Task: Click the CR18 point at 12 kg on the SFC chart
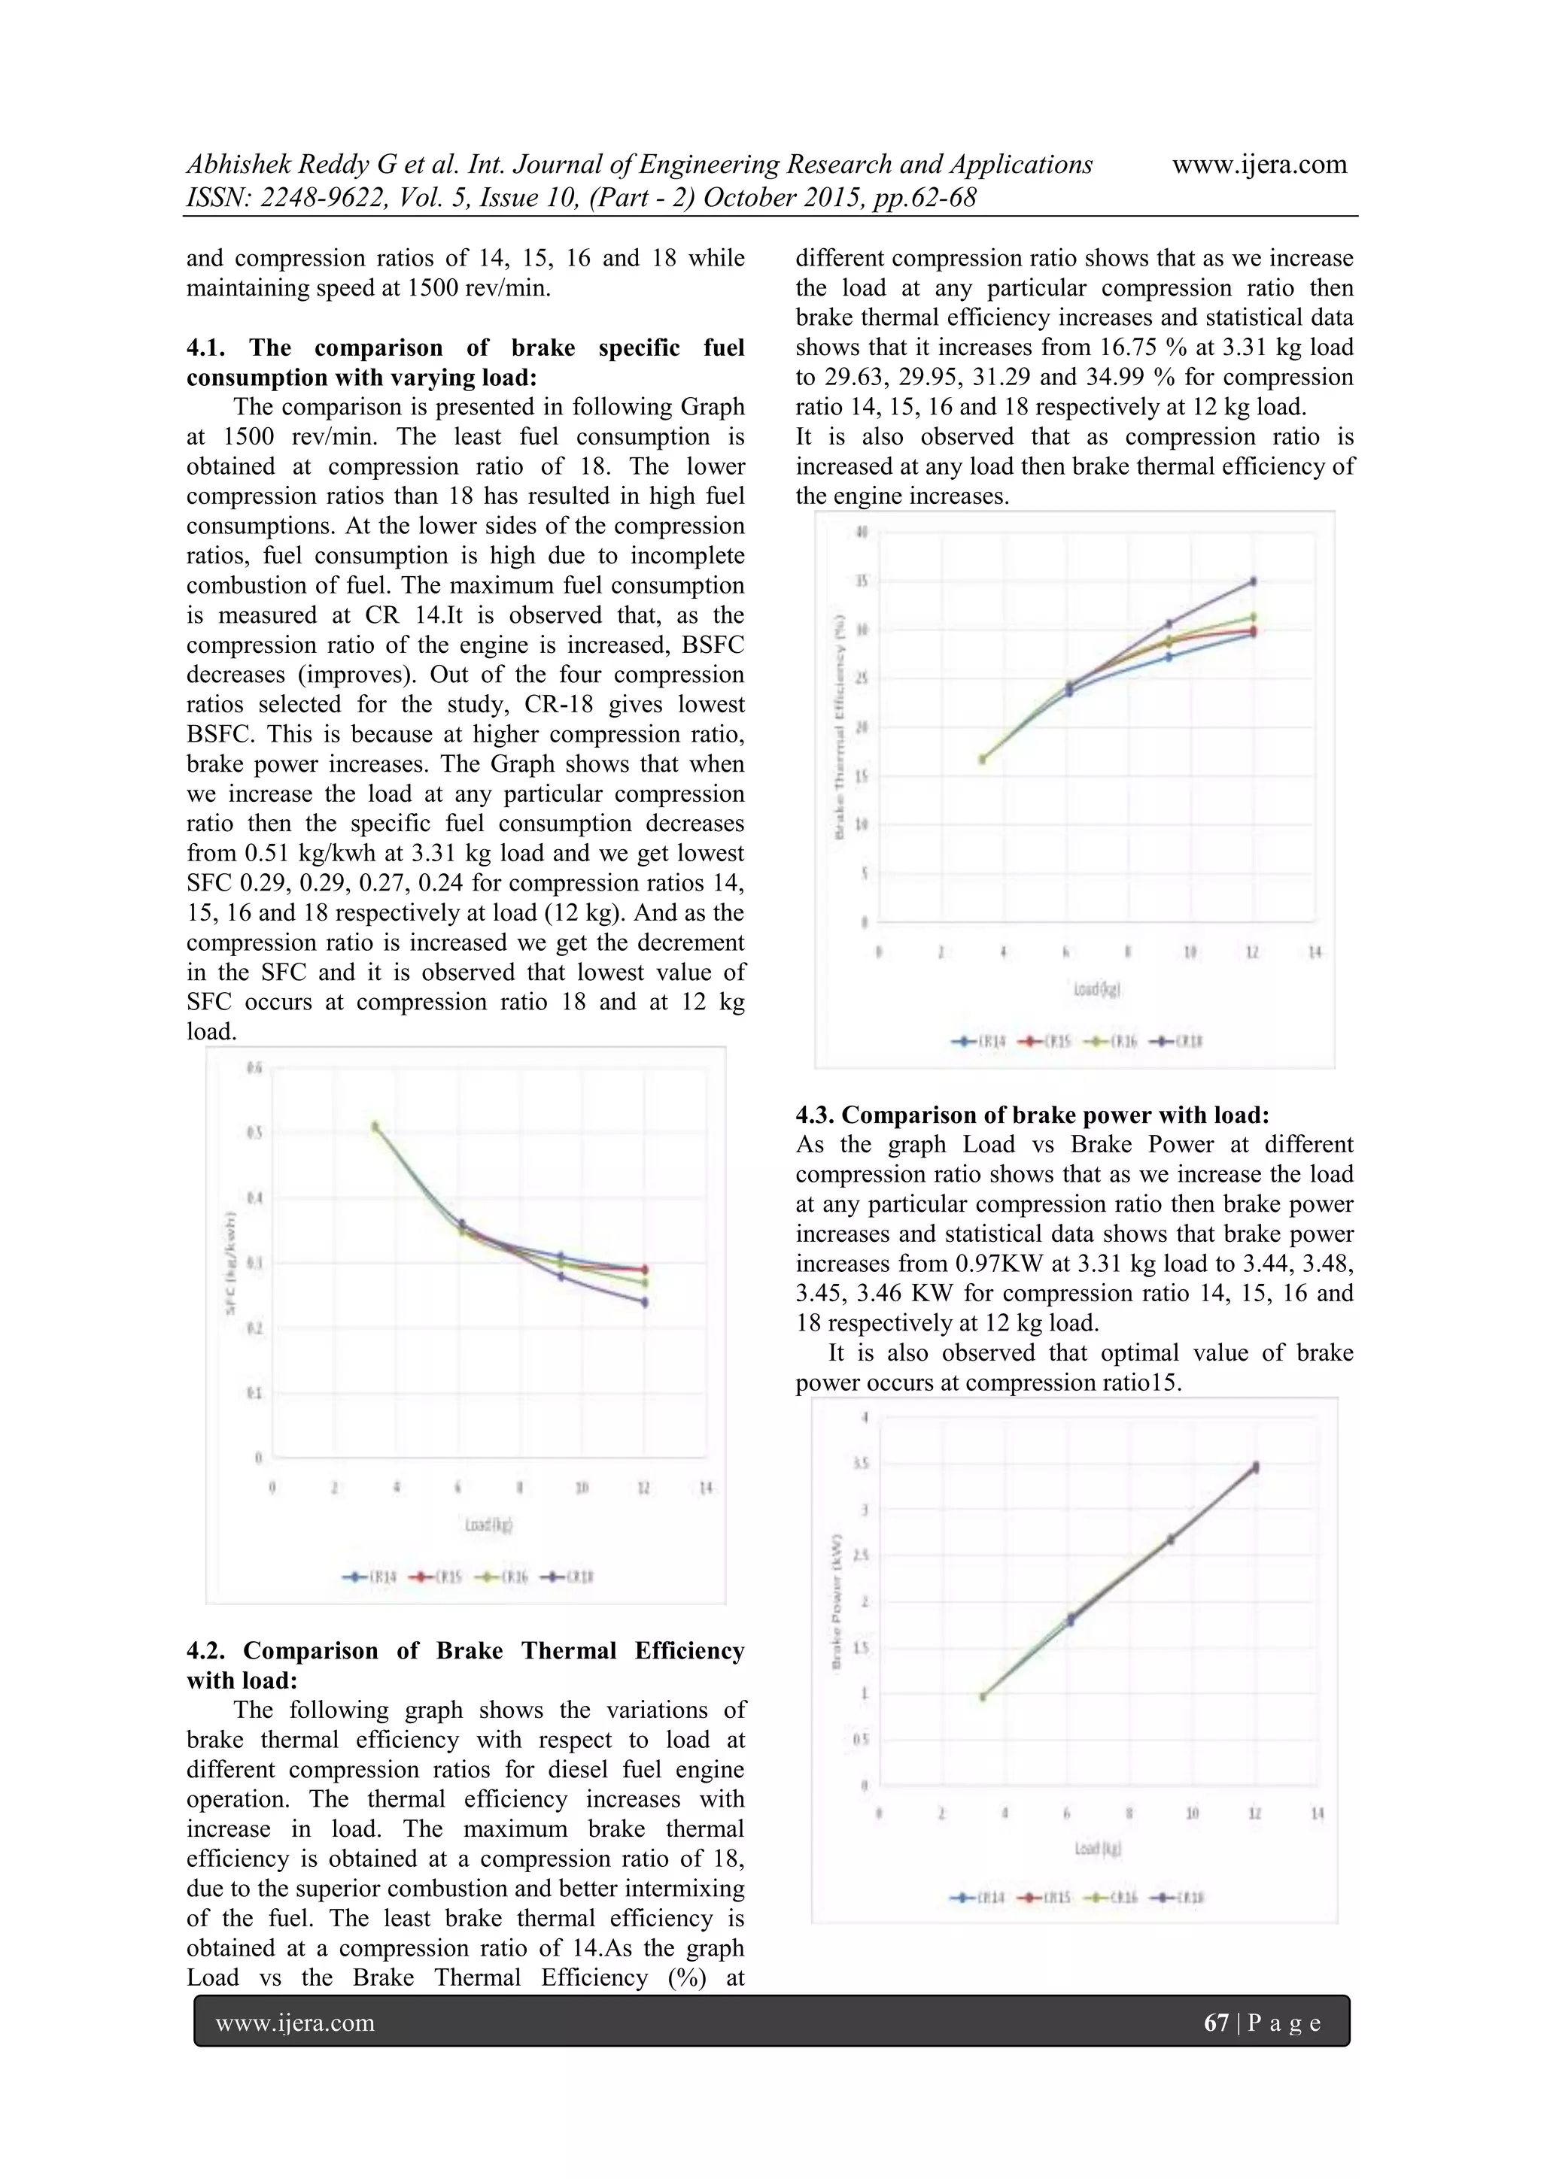(645, 1302)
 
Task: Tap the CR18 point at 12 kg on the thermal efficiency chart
(1254, 581)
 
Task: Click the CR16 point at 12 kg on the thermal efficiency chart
(1254, 617)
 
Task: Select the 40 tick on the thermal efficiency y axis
(862, 533)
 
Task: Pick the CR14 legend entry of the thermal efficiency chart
(979, 1041)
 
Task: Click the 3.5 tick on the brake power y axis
(862, 1464)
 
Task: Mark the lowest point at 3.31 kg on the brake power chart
(983, 1697)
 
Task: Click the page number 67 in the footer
(1215, 2023)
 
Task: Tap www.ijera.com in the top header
(1259, 164)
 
